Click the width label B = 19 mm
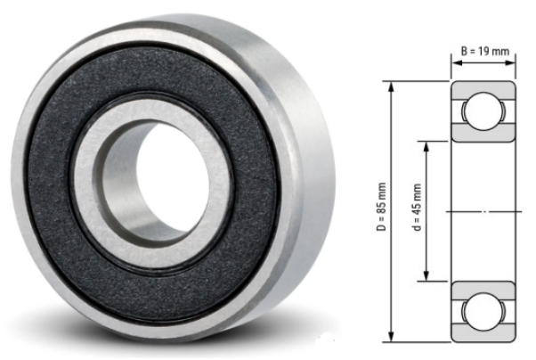pos(484,51)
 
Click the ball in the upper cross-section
pos(483,110)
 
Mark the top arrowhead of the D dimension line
pos(392,84)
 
